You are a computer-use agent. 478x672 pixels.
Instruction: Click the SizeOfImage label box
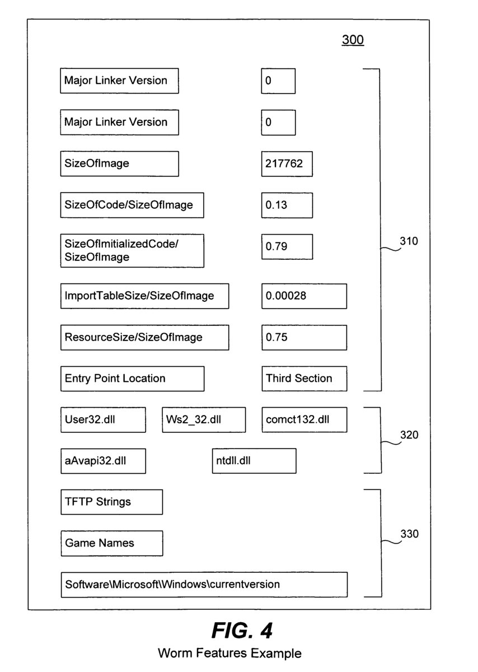tap(119, 164)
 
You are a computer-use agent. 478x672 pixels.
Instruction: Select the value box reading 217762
tap(287, 164)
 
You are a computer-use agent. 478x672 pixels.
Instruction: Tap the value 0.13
tap(287, 205)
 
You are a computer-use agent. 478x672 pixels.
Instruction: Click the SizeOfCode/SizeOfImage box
tap(132, 205)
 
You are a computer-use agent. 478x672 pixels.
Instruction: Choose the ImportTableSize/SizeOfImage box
tap(144, 296)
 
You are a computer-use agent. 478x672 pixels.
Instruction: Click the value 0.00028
tap(304, 296)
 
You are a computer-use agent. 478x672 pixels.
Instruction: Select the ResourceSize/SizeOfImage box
tap(144, 337)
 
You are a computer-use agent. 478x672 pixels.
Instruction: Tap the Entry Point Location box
tap(132, 379)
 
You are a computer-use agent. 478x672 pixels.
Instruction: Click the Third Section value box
tap(304, 379)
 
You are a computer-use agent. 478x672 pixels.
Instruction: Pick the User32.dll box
tap(103, 419)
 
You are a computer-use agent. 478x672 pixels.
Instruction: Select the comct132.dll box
tap(304, 419)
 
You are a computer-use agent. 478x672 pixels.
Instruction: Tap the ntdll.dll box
tap(254, 461)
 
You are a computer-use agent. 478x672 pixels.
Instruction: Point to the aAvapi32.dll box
tap(103, 461)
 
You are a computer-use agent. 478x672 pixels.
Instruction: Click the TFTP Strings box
tap(111, 502)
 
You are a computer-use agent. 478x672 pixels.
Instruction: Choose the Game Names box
tap(111, 543)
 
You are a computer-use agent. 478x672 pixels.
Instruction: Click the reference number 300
tap(353, 40)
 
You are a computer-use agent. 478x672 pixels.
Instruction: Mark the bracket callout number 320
tap(409, 435)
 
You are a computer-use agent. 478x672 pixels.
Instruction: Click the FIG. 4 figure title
tap(242, 631)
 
